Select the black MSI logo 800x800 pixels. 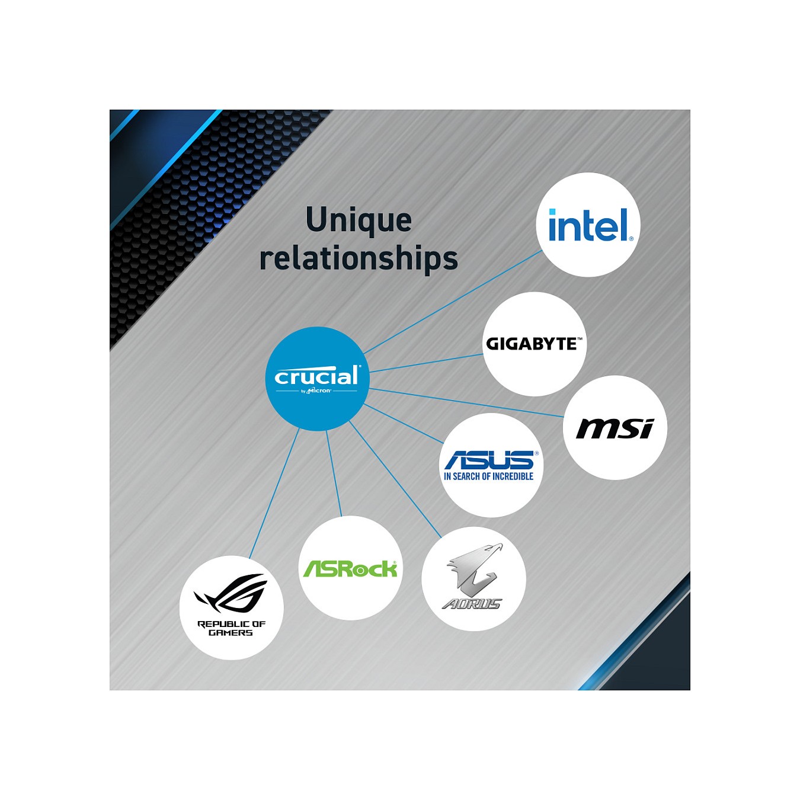pos(615,428)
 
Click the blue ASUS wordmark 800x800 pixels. pos(491,460)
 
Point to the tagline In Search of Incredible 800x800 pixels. pos(489,476)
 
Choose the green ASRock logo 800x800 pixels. pos(350,569)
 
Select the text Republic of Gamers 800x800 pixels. pos(231,628)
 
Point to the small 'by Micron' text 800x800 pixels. pos(316,391)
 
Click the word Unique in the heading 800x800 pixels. pos(359,220)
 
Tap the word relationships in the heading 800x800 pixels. pos(359,259)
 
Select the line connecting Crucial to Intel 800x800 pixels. pos(453,302)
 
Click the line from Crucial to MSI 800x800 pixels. pos(466,402)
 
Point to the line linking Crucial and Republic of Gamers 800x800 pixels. pos(274,493)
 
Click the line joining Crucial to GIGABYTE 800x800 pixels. pos(426,363)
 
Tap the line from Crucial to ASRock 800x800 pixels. pos(334,473)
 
